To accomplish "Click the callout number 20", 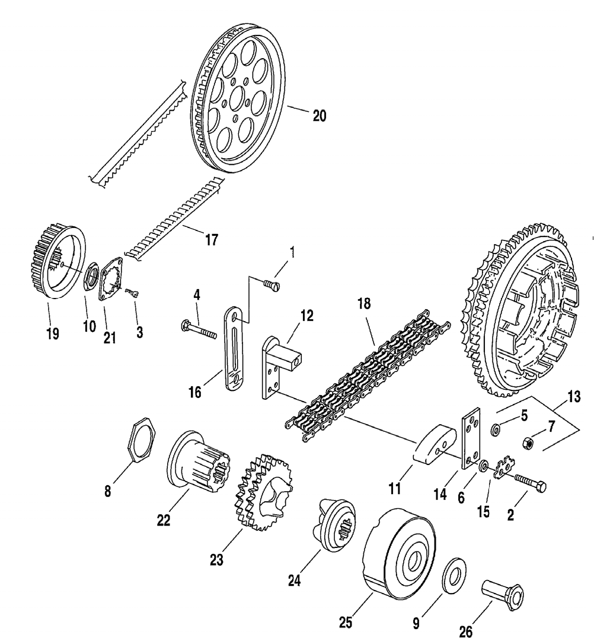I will pos(319,116).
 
